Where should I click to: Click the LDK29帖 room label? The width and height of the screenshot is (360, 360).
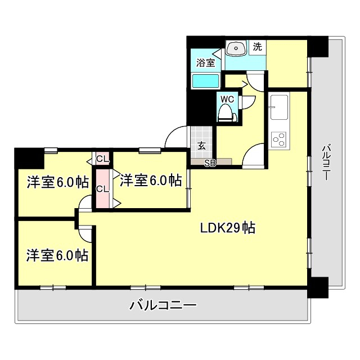click(228, 228)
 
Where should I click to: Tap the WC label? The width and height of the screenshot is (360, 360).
click(227, 99)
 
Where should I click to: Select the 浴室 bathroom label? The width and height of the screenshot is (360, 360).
click(205, 63)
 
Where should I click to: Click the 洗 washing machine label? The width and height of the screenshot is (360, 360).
click(257, 48)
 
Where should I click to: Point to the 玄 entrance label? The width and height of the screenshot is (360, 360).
click(201, 145)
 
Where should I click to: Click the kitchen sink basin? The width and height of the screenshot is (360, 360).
click(278, 106)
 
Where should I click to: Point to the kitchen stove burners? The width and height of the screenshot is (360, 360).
click(278, 138)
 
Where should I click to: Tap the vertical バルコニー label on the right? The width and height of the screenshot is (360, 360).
click(325, 163)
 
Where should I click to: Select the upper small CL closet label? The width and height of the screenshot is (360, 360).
click(102, 158)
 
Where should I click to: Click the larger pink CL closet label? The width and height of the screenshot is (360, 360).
click(102, 188)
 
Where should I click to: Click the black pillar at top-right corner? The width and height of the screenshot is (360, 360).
click(318, 46)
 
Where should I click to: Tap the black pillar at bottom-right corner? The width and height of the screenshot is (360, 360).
click(318, 288)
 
